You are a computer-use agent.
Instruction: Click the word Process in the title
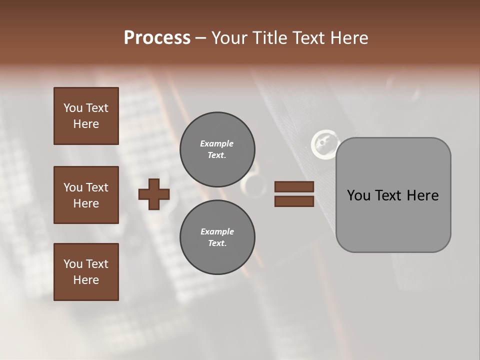[x=157, y=38]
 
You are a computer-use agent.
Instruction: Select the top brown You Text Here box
[x=86, y=116]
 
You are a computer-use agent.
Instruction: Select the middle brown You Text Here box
[x=86, y=195]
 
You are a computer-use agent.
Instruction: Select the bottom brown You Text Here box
[x=86, y=271]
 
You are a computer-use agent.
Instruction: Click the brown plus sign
[x=154, y=194]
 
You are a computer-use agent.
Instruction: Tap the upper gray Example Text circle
[x=217, y=149]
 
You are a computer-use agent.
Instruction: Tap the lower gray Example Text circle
[x=217, y=237]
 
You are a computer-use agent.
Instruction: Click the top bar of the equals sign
[x=294, y=187]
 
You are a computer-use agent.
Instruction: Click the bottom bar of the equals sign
[x=294, y=201]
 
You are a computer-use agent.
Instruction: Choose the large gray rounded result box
[x=393, y=220]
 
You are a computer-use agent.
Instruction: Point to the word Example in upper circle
[x=217, y=143]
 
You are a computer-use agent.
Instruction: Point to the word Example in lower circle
[x=217, y=231]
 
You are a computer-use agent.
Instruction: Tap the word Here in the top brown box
[x=86, y=124]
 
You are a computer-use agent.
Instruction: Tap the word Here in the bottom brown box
[x=86, y=280]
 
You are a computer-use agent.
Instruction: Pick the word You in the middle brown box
[x=72, y=187]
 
